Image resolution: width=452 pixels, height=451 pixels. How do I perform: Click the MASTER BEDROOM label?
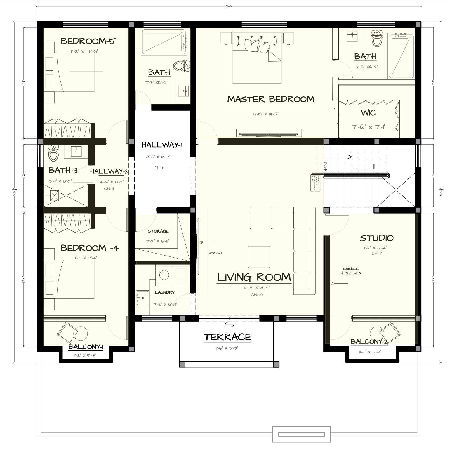pos(271,99)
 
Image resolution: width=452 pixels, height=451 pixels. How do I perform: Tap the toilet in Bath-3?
pos(53,153)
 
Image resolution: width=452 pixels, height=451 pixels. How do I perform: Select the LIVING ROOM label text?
pos(254,277)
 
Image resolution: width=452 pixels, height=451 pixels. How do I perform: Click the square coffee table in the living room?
pos(259,257)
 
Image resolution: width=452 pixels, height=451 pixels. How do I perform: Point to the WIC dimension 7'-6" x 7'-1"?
pos(369,127)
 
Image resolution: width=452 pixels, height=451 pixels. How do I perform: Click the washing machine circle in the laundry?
pos(164,275)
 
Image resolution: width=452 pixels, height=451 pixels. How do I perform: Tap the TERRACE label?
pos(227,337)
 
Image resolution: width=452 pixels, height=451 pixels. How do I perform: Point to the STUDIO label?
pos(376,238)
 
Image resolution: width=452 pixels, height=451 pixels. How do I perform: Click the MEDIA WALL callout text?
pos(215,253)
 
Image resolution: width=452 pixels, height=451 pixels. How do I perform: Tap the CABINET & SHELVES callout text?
pos(351,271)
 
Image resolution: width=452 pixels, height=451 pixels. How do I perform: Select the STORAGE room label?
pos(158,231)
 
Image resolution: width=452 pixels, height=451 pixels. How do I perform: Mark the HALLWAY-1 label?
pos(161,145)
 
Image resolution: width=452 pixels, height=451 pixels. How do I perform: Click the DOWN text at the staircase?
pos(325,167)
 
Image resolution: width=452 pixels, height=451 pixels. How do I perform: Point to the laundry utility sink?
pos(142,298)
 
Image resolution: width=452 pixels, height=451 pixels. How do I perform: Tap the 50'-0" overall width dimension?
pos(229,6)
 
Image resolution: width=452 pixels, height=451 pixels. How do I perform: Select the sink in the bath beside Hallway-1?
pos(183,91)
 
